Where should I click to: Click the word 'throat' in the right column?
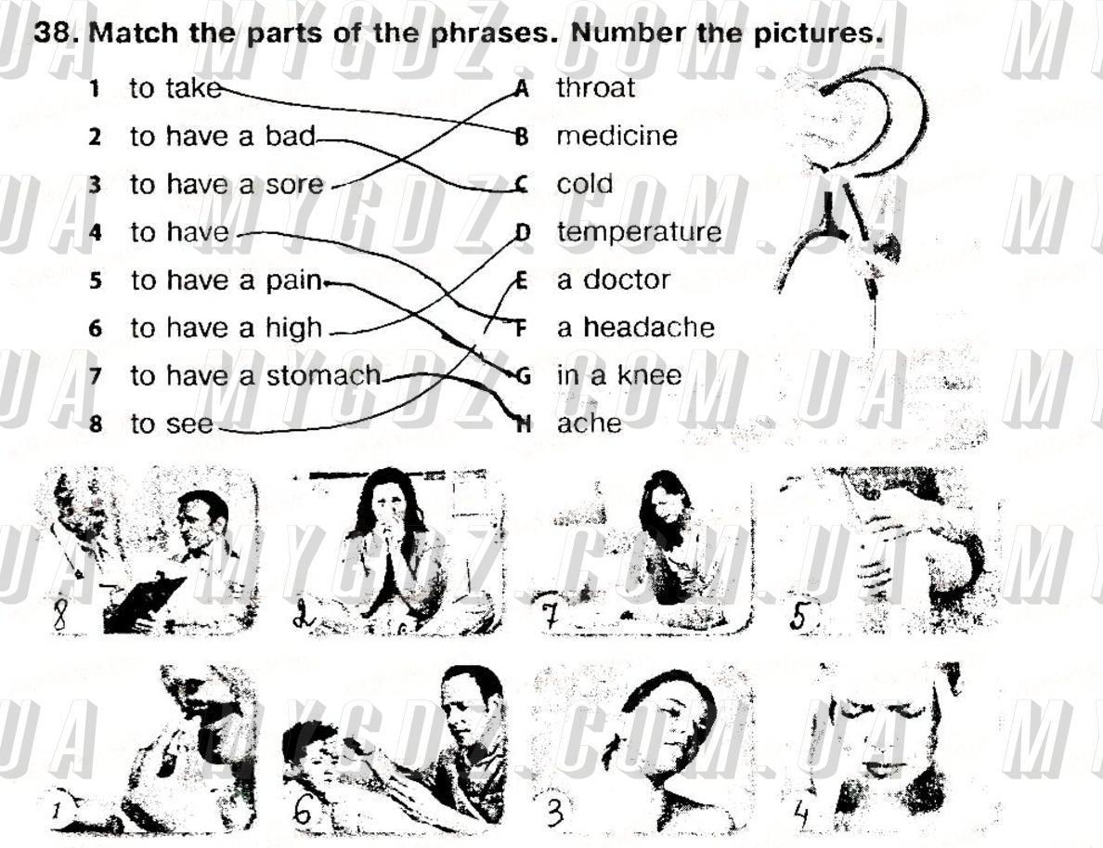click(x=595, y=88)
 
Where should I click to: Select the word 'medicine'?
click(x=616, y=135)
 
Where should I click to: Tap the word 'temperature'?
click(x=640, y=232)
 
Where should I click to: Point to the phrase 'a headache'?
click(x=635, y=327)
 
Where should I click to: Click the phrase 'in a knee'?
click(x=619, y=375)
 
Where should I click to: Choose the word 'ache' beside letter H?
click(x=590, y=424)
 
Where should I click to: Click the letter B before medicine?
click(x=521, y=136)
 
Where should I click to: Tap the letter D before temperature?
click(x=522, y=231)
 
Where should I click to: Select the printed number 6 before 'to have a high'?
click(x=96, y=328)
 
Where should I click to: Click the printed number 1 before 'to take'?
click(x=95, y=88)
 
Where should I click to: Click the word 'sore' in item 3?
click(x=294, y=185)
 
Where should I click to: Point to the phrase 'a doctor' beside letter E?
click(x=614, y=280)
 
